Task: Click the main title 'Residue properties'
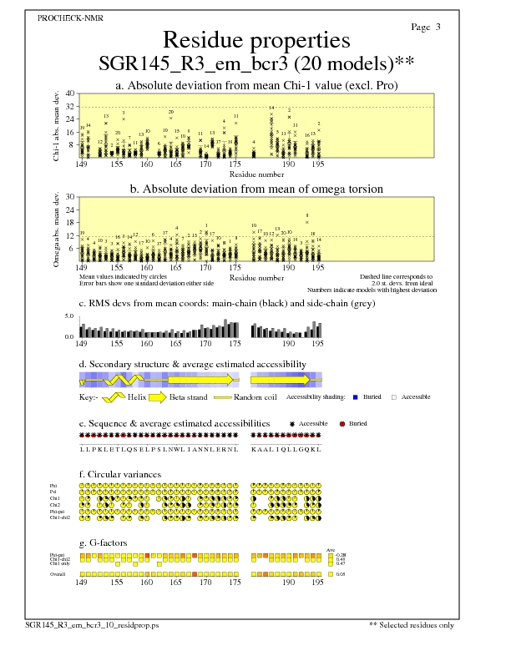coord(255,40)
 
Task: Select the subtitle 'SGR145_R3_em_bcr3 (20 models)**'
coord(256,63)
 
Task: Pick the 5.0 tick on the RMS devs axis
coord(70,316)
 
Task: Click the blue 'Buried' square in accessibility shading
coord(356,397)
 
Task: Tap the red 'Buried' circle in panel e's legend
coord(342,424)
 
